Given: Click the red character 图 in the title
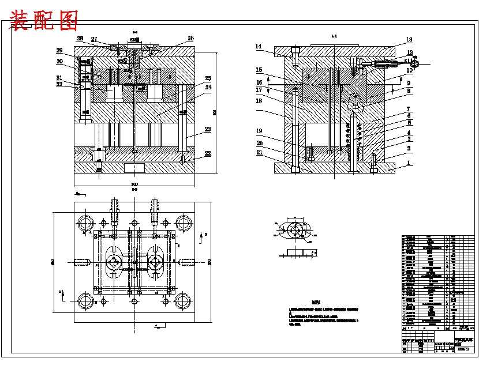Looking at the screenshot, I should pyautogui.click(x=68, y=21).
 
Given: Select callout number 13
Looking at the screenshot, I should pyautogui.click(x=409, y=40).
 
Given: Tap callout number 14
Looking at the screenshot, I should pyautogui.click(x=259, y=46).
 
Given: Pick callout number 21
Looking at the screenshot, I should pyautogui.click(x=259, y=152).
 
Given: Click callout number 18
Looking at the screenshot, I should pyautogui.click(x=259, y=100).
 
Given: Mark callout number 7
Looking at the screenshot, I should pyautogui.click(x=409, y=109).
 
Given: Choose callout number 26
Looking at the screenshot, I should pyautogui.click(x=190, y=39).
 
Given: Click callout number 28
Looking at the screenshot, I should pyautogui.click(x=80, y=39).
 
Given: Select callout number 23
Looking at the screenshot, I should pyautogui.click(x=208, y=130).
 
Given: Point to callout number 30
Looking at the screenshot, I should pyautogui.click(x=59, y=61).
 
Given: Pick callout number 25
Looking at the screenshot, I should pyautogui.click(x=208, y=78).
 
